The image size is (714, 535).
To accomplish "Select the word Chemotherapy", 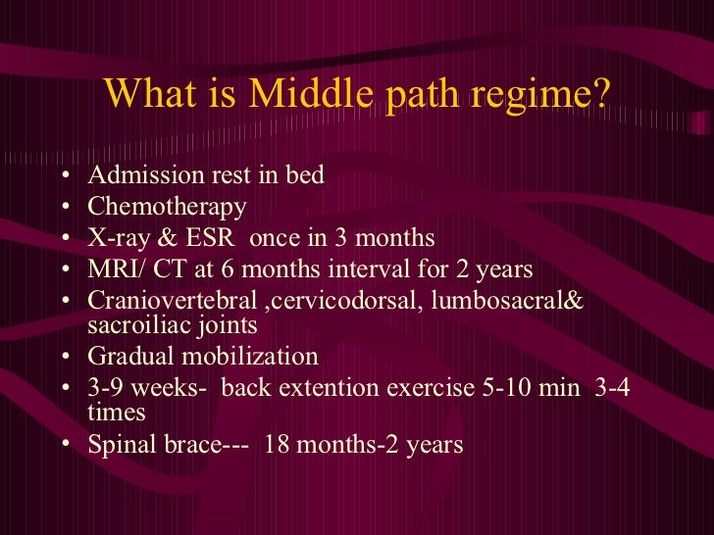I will pos(167,208).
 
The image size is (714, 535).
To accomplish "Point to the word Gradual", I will pos(127,356).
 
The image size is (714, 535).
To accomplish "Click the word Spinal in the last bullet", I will pos(120,444).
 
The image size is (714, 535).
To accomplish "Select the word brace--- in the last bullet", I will pos(197,444).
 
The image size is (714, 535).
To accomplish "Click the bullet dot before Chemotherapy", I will pos(65,209).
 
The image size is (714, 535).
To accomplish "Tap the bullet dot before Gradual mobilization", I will pos(65,357).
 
